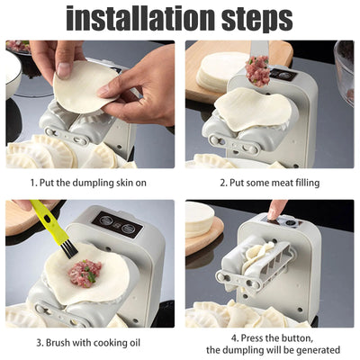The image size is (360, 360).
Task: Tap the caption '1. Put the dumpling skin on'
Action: coord(90,183)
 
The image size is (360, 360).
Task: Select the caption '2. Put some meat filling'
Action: coord(270,183)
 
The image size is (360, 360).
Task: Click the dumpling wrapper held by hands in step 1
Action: coord(86,86)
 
